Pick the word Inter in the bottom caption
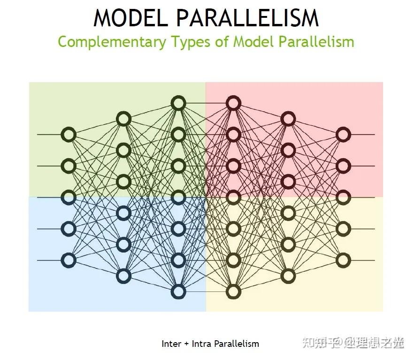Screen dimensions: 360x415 click(x=171, y=344)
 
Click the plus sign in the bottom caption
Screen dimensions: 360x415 click(x=186, y=344)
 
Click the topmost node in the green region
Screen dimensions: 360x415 click(x=178, y=103)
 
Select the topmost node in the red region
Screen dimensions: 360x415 click(x=233, y=103)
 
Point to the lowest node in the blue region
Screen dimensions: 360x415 click(x=178, y=291)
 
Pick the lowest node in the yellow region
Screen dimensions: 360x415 click(x=233, y=291)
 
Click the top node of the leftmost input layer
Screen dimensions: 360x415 click(x=69, y=135)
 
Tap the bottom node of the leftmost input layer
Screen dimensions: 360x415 click(x=69, y=260)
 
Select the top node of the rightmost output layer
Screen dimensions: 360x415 click(x=343, y=135)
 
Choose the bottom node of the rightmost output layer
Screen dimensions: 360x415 click(x=343, y=260)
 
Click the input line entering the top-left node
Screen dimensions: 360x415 click(x=49, y=135)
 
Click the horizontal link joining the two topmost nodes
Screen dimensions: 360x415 click(x=206, y=103)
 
